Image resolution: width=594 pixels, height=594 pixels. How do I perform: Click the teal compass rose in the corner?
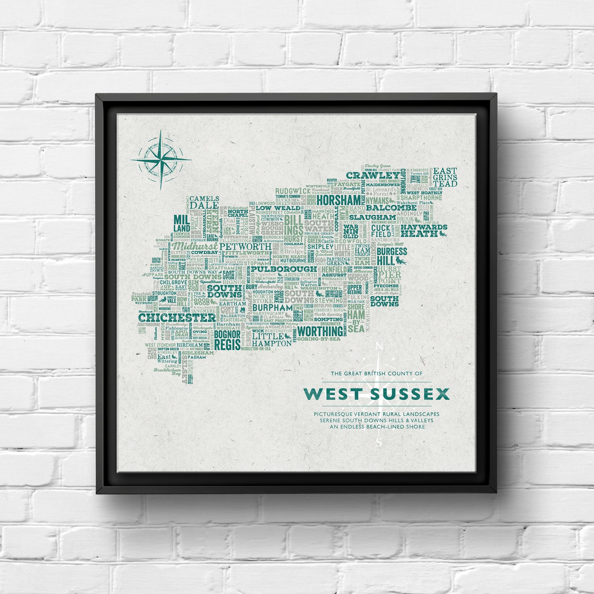[x=160, y=159]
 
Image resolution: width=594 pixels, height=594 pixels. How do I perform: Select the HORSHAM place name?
[x=339, y=200]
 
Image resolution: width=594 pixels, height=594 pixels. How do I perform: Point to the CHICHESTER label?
[x=177, y=318]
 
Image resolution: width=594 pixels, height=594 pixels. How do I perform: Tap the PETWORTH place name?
[x=245, y=246]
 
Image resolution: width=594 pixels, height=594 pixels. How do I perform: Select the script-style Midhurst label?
[x=195, y=245]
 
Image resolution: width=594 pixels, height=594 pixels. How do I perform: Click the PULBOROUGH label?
[x=278, y=269]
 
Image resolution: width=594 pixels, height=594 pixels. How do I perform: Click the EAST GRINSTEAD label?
[x=445, y=177]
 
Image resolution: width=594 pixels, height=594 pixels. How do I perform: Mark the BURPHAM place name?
[x=272, y=307]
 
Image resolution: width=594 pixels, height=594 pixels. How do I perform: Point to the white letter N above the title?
[x=379, y=347]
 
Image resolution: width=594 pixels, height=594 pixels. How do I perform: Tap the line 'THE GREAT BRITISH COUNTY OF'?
[x=377, y=374]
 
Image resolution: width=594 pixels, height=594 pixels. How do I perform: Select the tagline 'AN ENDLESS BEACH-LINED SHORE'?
[x=377, y=427]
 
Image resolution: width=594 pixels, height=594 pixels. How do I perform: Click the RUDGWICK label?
[x=293, y=191]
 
